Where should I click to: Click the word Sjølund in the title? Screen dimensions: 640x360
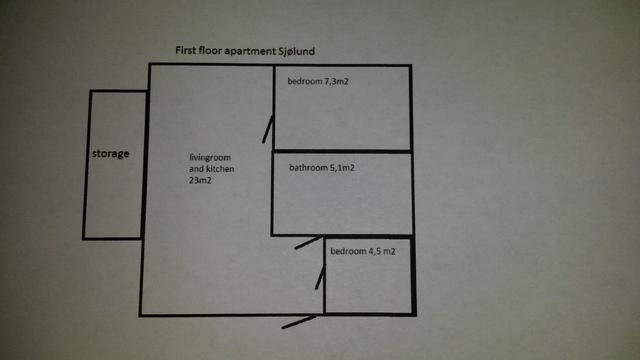click(297, 51)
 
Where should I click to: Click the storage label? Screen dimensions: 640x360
click(110, 153)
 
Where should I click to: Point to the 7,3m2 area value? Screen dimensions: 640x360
click(336, 82)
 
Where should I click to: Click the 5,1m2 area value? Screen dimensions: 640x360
click(342, 168)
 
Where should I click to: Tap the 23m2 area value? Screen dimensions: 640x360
click(200, 180)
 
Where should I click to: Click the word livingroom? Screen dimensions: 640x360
click(210, 158)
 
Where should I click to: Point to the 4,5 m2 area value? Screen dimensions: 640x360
click(382, 251)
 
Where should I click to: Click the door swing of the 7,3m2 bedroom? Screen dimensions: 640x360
click(267, 129)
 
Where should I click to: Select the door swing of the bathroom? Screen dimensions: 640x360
click(309, 242)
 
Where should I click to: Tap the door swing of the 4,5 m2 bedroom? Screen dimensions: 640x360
click(320, 278)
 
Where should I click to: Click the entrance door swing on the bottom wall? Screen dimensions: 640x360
click(298, 322)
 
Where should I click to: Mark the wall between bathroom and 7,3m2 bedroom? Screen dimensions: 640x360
click(342, 151)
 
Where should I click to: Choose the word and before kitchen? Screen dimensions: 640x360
click(197, 169)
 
